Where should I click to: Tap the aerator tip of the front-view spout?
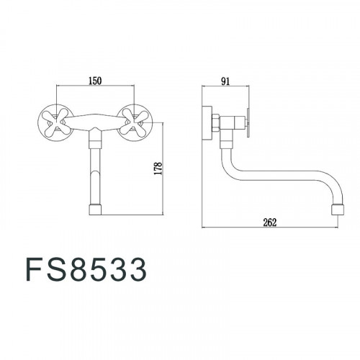tap(95, 210)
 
